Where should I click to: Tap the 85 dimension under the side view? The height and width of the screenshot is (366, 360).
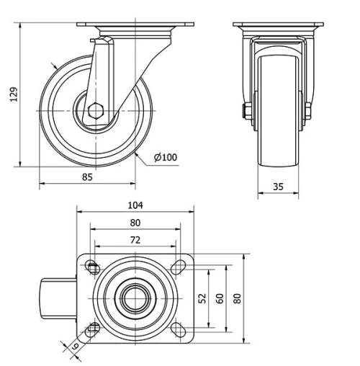(86, 175)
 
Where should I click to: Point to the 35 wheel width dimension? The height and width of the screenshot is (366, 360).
(279, 187)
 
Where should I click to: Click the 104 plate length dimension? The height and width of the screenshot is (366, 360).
(135, 205)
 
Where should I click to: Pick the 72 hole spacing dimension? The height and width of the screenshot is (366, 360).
(135, 239)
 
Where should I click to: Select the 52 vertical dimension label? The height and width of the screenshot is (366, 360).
(202, 298)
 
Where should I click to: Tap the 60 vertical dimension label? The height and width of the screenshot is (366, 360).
(220, 298)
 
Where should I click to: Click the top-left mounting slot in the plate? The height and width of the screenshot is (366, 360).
(93, 267)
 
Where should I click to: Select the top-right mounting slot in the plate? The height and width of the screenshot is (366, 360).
(176, 267)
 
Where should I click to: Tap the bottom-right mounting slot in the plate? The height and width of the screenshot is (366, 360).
(176, 329)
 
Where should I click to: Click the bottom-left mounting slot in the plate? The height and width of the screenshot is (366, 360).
(93, 329)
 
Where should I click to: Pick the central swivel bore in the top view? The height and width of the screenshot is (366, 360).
(135, 298)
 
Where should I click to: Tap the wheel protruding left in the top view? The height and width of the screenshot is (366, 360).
(58, 298)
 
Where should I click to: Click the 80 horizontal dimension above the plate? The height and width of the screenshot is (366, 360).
(135, 223)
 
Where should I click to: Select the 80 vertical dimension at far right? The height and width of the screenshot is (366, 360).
(237, 298)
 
